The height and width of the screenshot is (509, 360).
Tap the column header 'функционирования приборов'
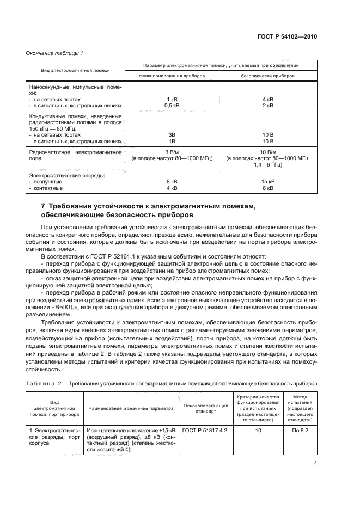point(172,76)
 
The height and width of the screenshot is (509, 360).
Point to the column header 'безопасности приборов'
point(268,76)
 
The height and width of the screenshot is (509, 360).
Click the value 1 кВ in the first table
point(172,100)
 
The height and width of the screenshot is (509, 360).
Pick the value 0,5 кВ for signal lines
point(172,106)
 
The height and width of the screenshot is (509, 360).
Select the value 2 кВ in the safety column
point(268,106)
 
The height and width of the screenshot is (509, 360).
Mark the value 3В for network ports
point(172,134)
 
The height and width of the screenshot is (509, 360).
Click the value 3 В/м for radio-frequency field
point(172,152)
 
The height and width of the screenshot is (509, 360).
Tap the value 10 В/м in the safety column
point(268,152)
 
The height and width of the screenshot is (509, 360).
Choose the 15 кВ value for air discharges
point(268,182)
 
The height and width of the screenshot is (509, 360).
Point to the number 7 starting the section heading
point(44,206)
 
